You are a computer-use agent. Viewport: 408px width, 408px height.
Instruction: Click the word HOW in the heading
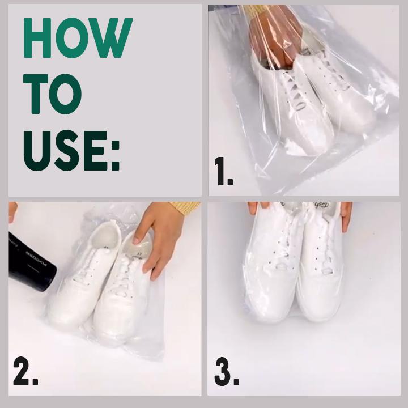tap(78, 38)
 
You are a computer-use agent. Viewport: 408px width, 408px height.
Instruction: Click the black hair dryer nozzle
tap(31, 263)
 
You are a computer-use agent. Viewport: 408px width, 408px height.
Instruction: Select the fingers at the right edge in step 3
tap(346, 215)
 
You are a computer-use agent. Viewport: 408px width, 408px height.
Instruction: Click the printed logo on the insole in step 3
tap(321, 205)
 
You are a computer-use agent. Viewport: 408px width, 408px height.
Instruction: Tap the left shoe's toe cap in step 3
tap(266, 300)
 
